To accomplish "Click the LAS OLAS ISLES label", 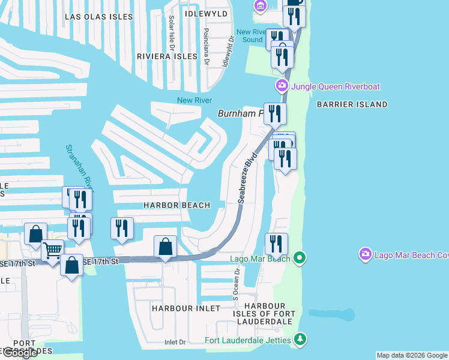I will coord(98,17).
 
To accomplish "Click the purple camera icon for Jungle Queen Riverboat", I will coord(282,86).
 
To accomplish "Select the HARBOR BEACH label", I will coord(176,205).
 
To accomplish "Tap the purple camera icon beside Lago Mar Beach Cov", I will coord(365,255).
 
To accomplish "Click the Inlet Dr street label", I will coord(175,343).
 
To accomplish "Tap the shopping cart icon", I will coord(53,248).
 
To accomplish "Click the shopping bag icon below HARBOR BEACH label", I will coord(166,246).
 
